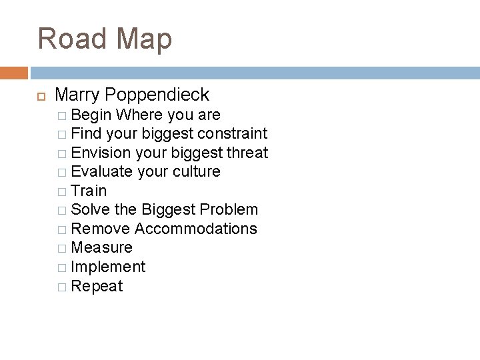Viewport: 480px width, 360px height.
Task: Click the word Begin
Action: [x=91, y=115]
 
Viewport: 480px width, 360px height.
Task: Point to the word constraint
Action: [x=229, y=133]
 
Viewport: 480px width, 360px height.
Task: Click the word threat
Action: [x=247, y=153]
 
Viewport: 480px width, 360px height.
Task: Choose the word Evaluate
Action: [x=101, y=171]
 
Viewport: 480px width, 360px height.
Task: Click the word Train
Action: [x=89, y=191]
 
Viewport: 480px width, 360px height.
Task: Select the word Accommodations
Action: [x=196, y=229]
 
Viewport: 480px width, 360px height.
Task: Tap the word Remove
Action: [x=100, y=229]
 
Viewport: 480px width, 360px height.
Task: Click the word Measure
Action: [x=101, y=247]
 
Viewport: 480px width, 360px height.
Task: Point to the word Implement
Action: [x=108, y=267]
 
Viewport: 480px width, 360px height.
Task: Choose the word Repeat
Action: [x=97, y=286]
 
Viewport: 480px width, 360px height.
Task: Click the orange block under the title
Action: [x=14, y=73]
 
